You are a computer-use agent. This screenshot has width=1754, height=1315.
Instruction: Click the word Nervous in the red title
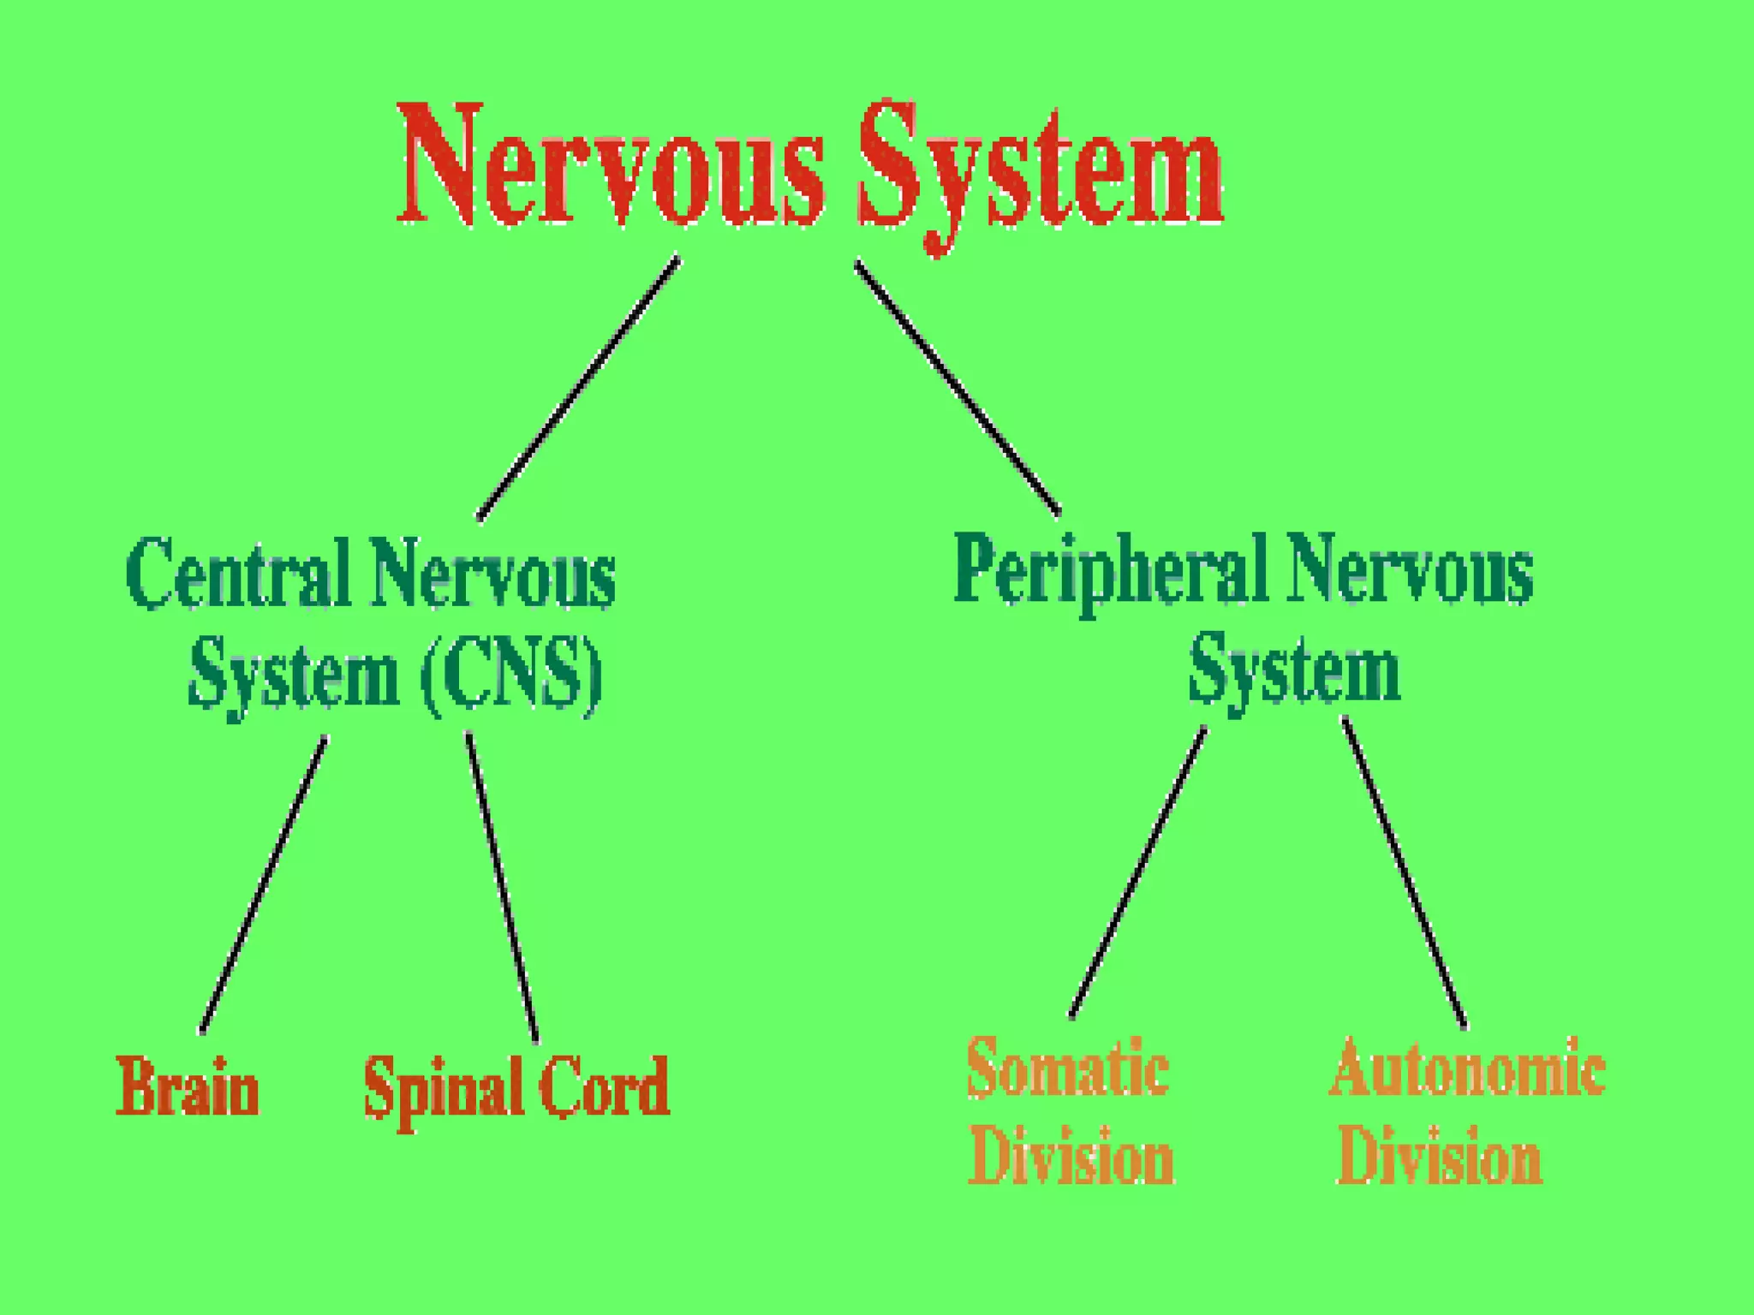[610, 167]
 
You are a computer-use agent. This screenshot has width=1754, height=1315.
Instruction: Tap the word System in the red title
[1041, 171]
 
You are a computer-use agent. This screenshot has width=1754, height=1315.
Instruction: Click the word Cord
[604, 1086]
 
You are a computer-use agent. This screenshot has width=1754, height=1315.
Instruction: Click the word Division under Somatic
[1071, 1155]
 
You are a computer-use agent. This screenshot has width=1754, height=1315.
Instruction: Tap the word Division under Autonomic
[1440, 1155]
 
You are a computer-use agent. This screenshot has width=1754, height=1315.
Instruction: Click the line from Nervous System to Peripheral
[958, 388]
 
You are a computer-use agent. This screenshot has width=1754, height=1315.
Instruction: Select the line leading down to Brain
[263, 884]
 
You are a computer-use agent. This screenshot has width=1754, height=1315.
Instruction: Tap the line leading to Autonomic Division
[1404, 873]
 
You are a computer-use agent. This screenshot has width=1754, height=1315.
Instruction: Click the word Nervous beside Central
[493, 572]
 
